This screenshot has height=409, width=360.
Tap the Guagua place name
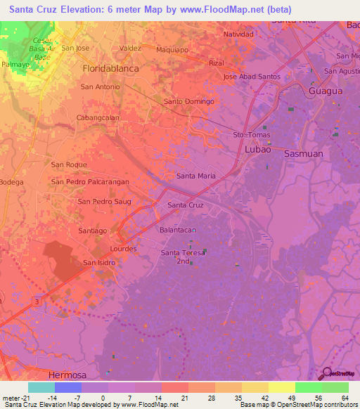(x=326, y=91)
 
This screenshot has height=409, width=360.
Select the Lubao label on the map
(x=257, y=150)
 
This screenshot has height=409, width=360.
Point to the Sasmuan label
(x=304, y=152)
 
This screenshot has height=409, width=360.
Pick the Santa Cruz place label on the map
(x=186, y=205)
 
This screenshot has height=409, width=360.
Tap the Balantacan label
(x=177, y=230)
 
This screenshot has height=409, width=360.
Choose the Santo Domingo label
(x=188, y=101)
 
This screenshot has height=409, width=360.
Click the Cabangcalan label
(x=98, y=117)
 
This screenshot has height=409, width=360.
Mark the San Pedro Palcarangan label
(x=90, y=181)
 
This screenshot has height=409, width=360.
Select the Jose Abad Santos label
(x=252, y=77)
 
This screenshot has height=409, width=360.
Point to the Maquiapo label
(x=172, y=49)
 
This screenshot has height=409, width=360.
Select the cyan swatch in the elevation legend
(x=41, y=387)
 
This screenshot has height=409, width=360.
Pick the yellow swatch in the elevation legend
(x=282, y=387)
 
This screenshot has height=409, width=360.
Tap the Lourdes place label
(x=124, y=249)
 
